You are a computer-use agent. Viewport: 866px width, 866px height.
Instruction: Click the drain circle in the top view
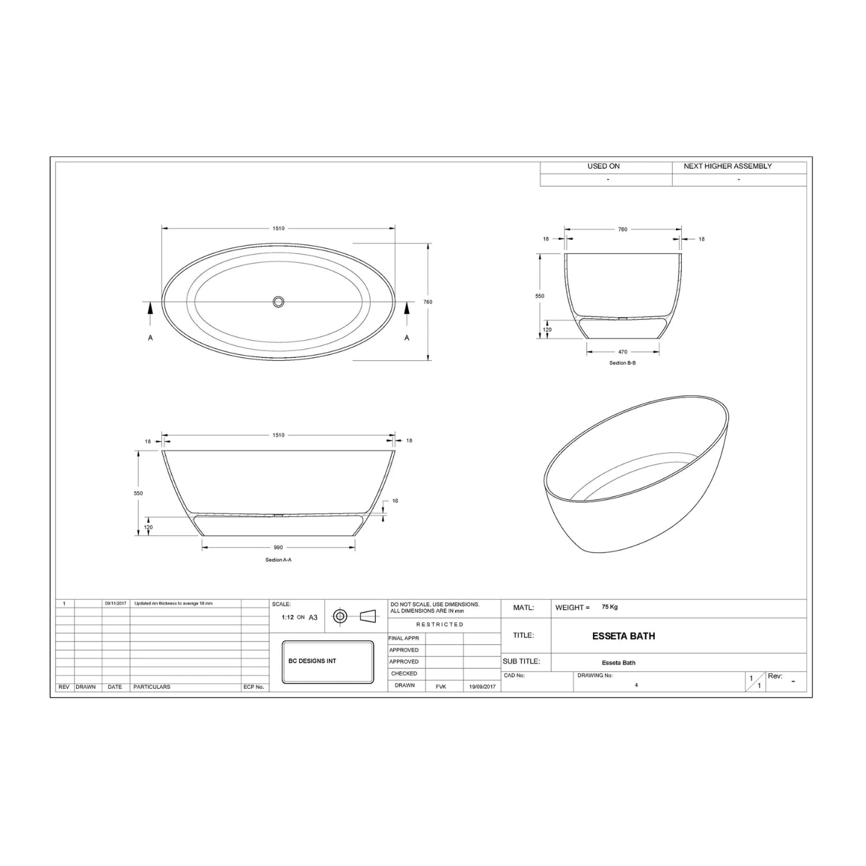[x=278, y=301]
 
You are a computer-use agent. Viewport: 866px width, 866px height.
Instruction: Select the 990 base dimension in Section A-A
[x=278, y=547]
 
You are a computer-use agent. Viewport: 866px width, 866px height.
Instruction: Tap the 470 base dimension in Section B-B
[x=622, y=352]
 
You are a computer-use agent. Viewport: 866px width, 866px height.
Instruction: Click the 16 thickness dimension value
[x=395, y=501]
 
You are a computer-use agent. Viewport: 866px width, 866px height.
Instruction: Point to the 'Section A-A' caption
[x=278, y=559]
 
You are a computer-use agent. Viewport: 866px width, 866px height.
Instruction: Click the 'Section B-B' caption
[x=622, y=363]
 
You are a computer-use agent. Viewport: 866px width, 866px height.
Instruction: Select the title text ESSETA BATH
[x=624, y=636]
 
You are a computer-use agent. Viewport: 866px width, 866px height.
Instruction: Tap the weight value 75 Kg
[x=610, y=607]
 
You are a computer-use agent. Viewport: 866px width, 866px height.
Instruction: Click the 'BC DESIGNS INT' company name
[x=312, y=661]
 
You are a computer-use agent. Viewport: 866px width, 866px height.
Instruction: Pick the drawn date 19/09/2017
[x=482, y=686]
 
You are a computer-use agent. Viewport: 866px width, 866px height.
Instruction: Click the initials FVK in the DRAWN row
[x=441, y=686]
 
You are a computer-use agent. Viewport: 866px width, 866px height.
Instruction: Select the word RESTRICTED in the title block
[x=440, y=625]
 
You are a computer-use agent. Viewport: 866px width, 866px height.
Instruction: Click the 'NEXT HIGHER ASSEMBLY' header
[x=727, y=166]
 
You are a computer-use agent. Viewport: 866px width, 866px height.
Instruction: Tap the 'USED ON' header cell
[x=603, y=166]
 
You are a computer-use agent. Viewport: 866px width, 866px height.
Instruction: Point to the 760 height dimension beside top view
[x=428, y=302]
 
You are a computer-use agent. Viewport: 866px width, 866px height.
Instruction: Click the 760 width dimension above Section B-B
[x=622, y=229]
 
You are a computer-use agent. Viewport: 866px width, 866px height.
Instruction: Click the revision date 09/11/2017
[x=115, y=603]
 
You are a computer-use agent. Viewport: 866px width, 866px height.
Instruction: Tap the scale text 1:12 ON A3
[x=299, y=617]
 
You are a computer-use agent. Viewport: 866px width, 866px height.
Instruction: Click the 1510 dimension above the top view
[x=278, y=228]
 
